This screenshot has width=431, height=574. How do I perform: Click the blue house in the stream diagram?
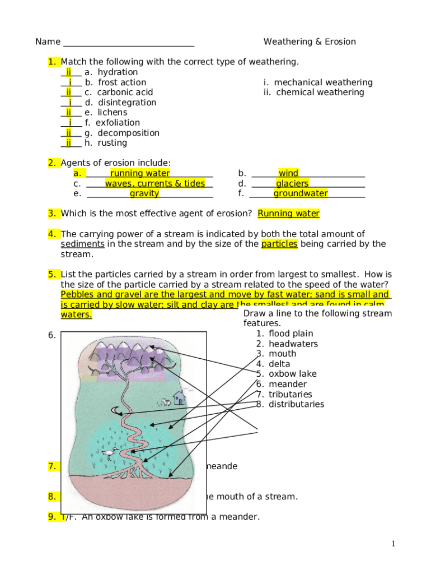[179, 398]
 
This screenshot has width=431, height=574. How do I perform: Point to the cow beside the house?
[166, 401]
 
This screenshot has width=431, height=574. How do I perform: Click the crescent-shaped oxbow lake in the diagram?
[116, 411]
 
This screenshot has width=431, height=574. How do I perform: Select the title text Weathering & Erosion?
[310, 42]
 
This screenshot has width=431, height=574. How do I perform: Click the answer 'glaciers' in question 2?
[292, 183]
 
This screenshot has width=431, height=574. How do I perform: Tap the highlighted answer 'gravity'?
[144, 193]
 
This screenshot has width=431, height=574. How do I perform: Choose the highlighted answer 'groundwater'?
[301, 193]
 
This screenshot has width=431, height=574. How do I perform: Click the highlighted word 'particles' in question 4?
[279, 244]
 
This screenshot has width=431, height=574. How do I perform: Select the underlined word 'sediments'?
[82, 244]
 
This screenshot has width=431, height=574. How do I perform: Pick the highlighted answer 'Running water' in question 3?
[288, 214]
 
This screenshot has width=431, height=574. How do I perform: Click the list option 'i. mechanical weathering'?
[318, 82]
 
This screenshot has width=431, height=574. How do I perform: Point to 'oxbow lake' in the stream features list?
[292, 374]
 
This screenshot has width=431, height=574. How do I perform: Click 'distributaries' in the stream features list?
[296, 404]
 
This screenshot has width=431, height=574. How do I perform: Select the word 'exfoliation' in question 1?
[118, 123]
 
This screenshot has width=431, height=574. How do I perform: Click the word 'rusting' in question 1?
[113, 143]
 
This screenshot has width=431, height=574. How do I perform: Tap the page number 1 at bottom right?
[394, 544]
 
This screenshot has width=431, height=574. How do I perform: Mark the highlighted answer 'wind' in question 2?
[288, 173]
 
